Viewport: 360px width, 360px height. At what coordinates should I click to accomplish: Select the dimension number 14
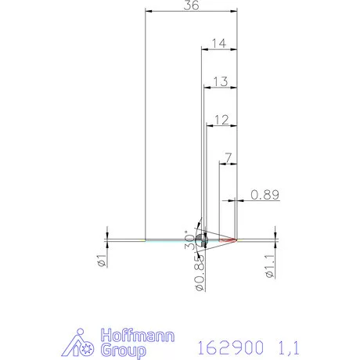(219, 44)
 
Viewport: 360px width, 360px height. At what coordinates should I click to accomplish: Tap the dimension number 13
(220, 81)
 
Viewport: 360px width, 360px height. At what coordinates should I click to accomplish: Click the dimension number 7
(227, 158)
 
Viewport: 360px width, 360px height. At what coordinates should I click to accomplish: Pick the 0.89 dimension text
(265, 195)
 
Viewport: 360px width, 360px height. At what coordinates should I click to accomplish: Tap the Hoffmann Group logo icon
(85, 344)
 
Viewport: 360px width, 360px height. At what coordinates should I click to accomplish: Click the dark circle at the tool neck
(203, 239)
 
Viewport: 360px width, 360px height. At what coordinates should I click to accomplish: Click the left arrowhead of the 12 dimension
(207, 127)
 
